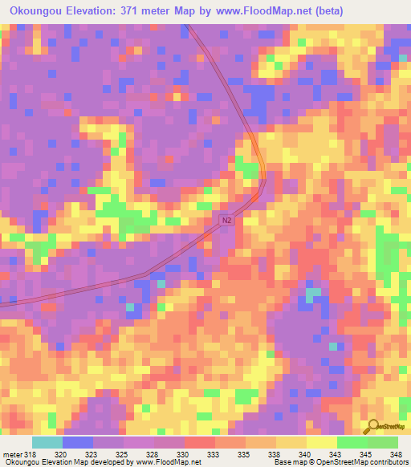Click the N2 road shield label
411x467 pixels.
(227, 219)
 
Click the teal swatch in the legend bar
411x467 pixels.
(47, 442)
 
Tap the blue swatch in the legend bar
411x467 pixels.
(78, 442)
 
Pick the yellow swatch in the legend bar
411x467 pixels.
(321, 442)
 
